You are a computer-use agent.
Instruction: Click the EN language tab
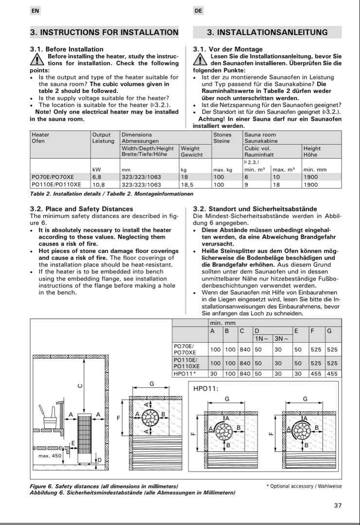(35, 10)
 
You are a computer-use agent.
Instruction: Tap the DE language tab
(198, 10)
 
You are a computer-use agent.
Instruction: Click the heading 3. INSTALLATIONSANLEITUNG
(267, 33)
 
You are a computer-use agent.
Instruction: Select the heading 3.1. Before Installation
(67, 49)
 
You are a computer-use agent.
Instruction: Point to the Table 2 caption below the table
(111, 193)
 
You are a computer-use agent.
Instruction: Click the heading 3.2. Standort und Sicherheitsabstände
(255, 209)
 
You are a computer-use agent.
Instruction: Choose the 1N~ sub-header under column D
(262, 339)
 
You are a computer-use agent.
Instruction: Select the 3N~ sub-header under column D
(281, 339)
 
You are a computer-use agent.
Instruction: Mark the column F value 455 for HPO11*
(316, 374)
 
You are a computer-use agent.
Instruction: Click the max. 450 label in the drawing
(50, 455)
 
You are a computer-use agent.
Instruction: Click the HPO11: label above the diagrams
(206, 388)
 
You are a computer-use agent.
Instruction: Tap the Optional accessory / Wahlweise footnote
(304, 486)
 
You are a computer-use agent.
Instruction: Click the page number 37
(338, 506)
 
